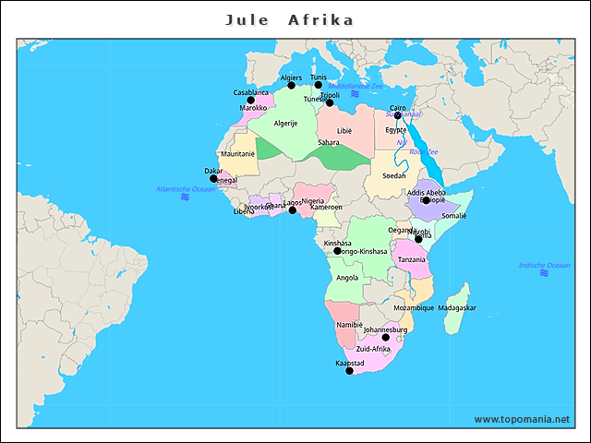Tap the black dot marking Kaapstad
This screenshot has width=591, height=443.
(x=349, y=371)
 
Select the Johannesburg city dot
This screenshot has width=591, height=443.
(x=386, y=337)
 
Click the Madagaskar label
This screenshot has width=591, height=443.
(x=457, y=307)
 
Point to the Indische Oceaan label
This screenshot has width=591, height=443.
(x=545, y=266)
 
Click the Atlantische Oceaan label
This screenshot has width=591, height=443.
(x=186, y=189)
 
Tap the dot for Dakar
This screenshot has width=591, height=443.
(x=213, y=179)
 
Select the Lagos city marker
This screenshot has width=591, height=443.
(x=293, y=210)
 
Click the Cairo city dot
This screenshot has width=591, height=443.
(x=398, y=116)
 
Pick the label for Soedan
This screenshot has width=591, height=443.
(x=394, y=175)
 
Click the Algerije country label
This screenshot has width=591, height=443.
(x=285, y=123)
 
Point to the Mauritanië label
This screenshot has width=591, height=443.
(x=237, y=153)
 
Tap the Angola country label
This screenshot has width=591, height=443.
(x=347, y=277)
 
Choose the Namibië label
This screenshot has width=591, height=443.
(x=350, y=325)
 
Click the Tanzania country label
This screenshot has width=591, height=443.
(x=412, y=259)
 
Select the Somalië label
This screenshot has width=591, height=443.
(x=454, y=215)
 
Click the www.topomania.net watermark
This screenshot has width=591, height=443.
(x=522, y=419)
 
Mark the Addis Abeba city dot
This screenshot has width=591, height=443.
(x=426, y=200)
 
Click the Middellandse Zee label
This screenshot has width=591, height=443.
(x=356, y=85)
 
